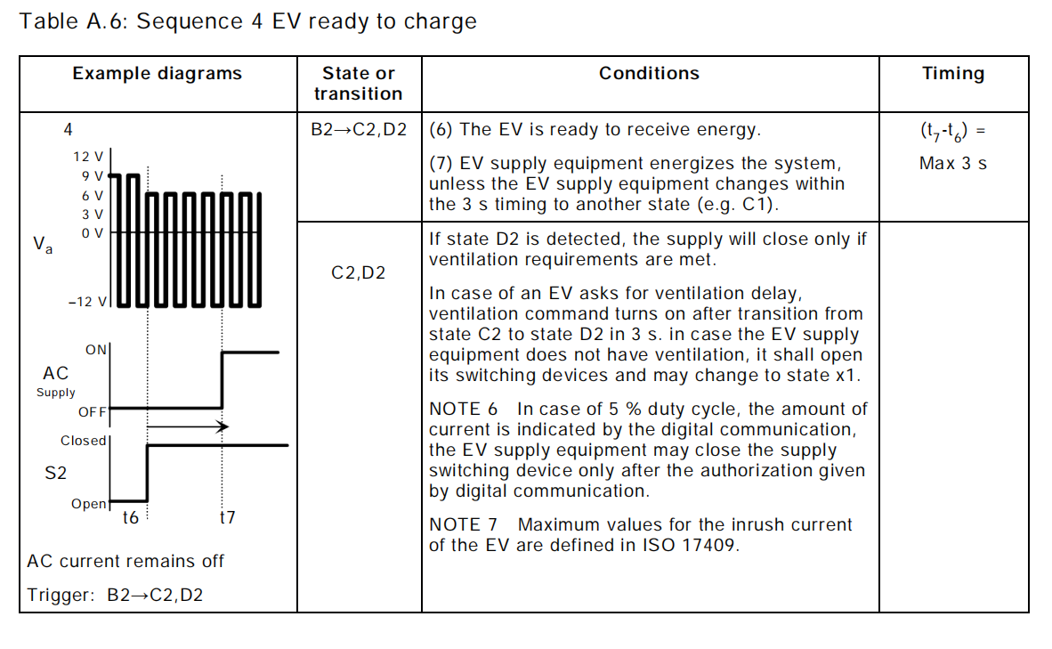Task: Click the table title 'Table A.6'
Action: (x=72, y=22)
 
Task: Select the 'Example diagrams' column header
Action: (x=158, y=74)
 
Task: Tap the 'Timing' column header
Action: (x=953, y=74)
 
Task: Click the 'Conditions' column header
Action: (x=649, y=74)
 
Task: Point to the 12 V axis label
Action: (x=88, y=157)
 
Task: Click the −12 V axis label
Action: (x=86, y=303)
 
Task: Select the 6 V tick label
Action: (x=93, y=195)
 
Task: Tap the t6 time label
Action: (x=131, y=517)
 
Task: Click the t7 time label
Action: (x=227, y=517)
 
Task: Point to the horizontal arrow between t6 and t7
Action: (x=187, y=427)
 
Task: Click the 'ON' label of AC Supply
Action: (x=95, y=350)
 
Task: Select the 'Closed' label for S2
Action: (x=83, y=441)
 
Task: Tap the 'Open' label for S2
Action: (x=89, y=504)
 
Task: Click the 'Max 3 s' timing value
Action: (x=953, y=164)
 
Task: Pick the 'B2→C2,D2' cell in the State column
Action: (x=359, y=130)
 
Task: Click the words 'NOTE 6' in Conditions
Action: (x=464, y=410)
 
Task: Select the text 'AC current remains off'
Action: (x=125, y=562)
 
